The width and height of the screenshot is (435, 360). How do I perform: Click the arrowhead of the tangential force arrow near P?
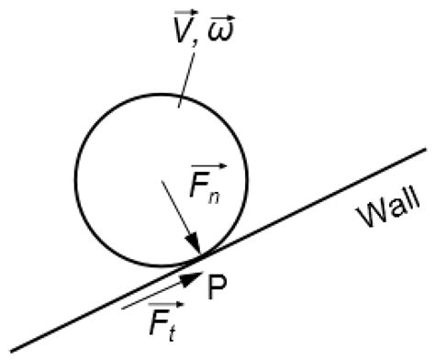pyautogui.click(x=192, y=274)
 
